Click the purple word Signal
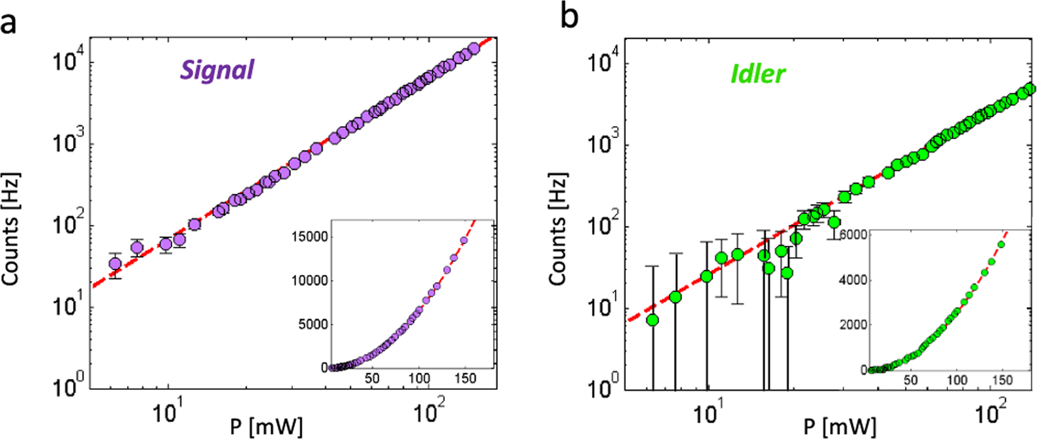point(217,69)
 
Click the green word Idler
point(758,74)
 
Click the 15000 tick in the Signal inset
point(310,237)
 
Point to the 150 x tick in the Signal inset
point(465,379)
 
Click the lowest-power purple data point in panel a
point(115,263)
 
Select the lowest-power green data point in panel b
point(652,320)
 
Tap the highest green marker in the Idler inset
point(1002,244)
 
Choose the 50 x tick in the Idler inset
point(910,380)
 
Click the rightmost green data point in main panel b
point(1030,89)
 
